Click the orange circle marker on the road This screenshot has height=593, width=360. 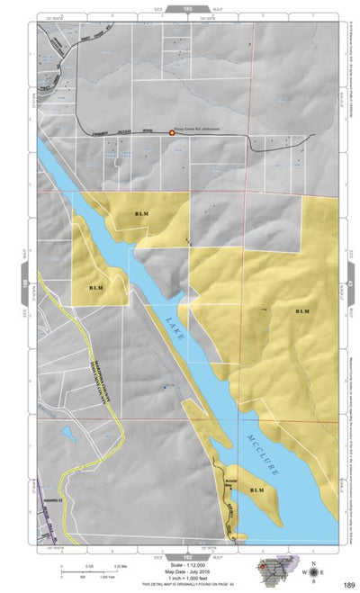(172, 133)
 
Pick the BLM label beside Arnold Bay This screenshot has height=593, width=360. (257, 490)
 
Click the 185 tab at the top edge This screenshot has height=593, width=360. (187, 7)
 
